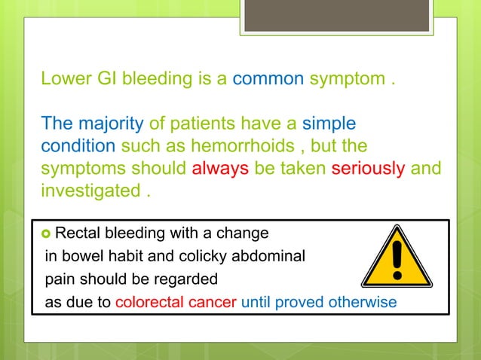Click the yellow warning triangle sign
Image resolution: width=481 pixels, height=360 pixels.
point(397,259)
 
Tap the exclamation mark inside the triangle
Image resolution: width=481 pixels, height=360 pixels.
point(397,261)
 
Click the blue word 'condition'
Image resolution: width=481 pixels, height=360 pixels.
point(78,145)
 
